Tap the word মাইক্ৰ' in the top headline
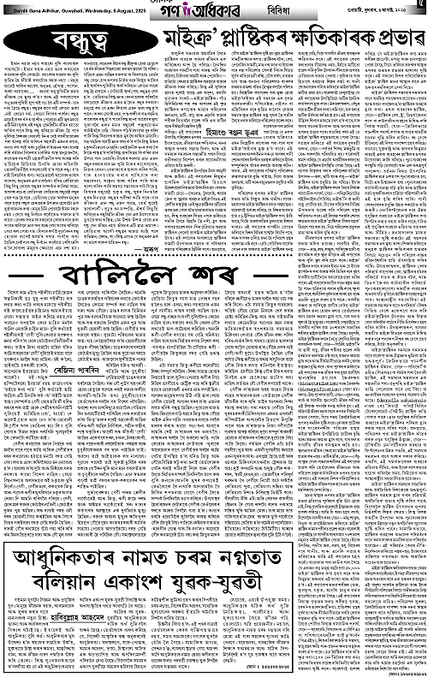(187, 39)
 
